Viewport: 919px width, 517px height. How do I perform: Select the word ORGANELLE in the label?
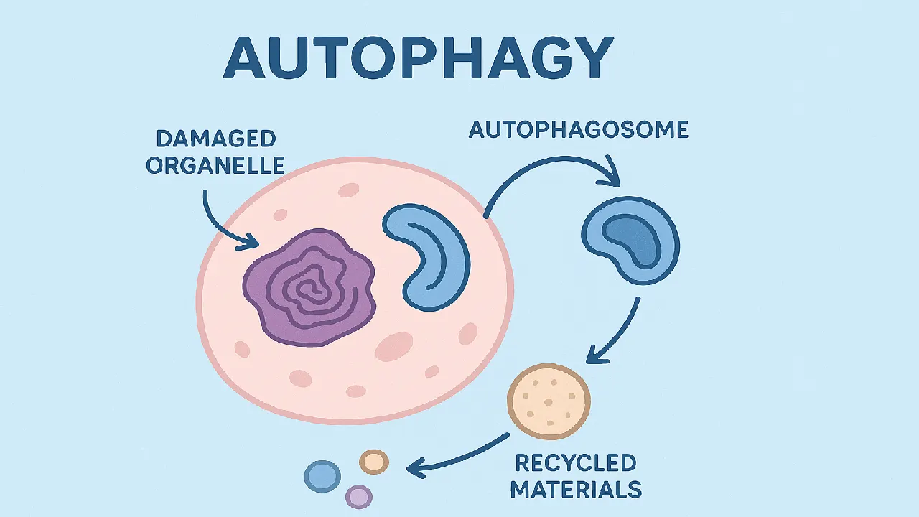(215, 166)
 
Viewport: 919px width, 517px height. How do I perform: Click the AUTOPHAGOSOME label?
(579, 130)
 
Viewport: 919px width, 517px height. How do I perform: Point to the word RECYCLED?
(575, 462)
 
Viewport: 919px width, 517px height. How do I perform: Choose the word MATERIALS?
(575, 490)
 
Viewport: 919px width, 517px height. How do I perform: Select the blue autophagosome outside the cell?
(630, 241)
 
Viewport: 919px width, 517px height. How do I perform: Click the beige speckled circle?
(549, 401)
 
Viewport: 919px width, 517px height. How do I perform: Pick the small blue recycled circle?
(322, 476)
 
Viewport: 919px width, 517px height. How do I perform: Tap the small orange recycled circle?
(373, 462)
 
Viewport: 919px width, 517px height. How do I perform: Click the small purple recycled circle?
(358, 496)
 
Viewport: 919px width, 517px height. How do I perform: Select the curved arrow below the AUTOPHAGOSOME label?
(546, 172)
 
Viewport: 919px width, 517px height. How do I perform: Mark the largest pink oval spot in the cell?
(394, 346)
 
